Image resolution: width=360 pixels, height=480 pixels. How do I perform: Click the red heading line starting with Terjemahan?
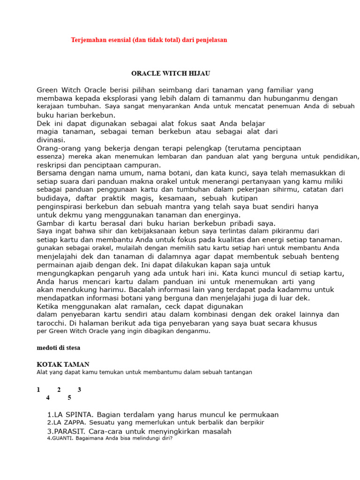tap(149, 40)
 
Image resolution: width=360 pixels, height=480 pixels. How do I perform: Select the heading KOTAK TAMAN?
tap(63, 364)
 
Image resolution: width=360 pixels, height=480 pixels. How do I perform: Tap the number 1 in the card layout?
tap(38, 390)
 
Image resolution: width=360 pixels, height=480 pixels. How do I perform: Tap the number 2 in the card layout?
tap(59, 390)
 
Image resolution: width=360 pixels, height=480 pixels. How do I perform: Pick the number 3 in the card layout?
tap(80, 390)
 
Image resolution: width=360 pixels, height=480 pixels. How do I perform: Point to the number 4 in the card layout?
tap(48, 398)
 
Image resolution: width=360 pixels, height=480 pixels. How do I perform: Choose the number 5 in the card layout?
tap(69, 398)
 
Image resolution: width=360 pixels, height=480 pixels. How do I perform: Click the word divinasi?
tap(51, 140)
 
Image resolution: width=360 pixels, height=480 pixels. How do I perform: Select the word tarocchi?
tap(52, 323)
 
